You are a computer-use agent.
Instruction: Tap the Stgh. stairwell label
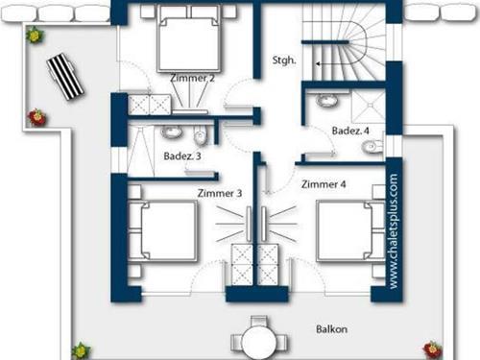click(x=284, y=60)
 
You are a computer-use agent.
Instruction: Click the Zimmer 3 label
click(x=218, y=193)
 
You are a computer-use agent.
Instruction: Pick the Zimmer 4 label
click(x=323, y=184)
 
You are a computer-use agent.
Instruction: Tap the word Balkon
click(x=331, y=328)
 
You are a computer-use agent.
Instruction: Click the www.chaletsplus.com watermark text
click(x=394, y=230)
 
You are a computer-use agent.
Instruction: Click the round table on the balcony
click(x=257, y=338)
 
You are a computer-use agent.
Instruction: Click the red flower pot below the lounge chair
click(x=36, y=118)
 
